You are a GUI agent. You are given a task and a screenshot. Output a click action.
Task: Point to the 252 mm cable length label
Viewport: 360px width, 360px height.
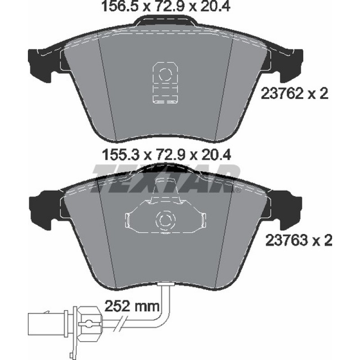click(x=131, y=306)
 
